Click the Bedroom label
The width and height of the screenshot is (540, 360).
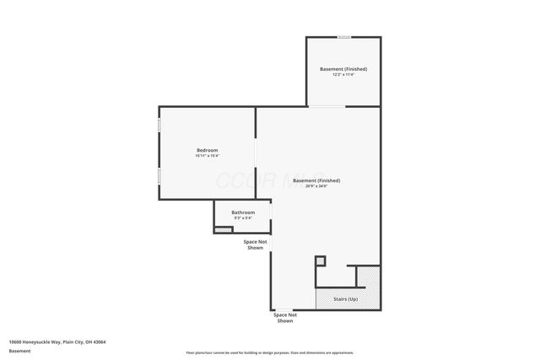pos(207,150)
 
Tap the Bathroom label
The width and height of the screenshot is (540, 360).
pos(244,212)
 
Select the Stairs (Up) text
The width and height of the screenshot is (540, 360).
pos(346,299)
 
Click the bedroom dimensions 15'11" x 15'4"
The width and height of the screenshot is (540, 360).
pos(207,156)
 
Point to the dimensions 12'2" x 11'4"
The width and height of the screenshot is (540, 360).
pos(343,74)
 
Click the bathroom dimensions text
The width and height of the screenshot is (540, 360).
pos(244,218)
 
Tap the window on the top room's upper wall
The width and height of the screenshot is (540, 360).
pos(344,37)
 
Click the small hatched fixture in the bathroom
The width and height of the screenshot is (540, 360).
pos(223,229)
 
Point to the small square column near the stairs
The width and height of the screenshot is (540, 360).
pos(321,261)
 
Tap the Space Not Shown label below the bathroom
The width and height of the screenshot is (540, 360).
pos(256,244)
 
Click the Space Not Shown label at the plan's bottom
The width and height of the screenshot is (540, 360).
pos(285,318)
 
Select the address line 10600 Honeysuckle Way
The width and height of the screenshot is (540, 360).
pos(57,341)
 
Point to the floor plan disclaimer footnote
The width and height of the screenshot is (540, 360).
pos(270,352)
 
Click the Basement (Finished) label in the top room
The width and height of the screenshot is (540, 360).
pos(343,68)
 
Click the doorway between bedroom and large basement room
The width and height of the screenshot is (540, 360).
pos(256,156)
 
